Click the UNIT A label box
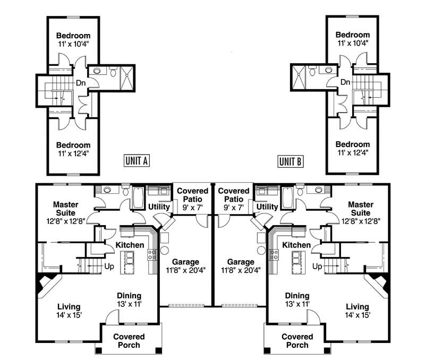tap(136, 161)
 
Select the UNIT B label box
tap(290, 161)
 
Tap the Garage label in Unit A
tap(185, 262)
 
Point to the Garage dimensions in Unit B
tap(241, 270)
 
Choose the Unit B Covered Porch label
tap(297, 340)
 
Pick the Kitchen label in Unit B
tap(296, 245)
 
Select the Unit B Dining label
tap(297, 296)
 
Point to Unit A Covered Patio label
tap(192, 195)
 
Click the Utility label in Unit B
tap(268, 207)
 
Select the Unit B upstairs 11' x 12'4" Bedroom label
tap(352, 148)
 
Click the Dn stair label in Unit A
tap(81, 82)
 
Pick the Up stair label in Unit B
tap(318, 265)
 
